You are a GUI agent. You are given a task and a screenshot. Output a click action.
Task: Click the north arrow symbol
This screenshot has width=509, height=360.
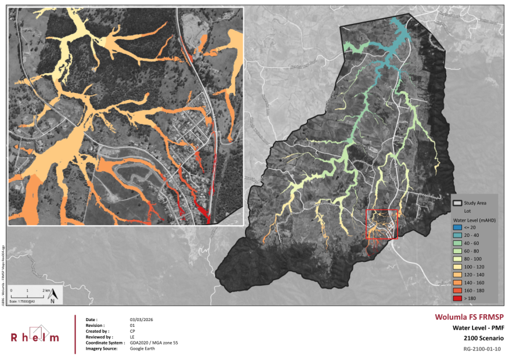(x=52, y=296)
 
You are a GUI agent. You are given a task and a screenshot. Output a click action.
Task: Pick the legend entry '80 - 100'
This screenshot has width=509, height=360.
(x=471, y=259)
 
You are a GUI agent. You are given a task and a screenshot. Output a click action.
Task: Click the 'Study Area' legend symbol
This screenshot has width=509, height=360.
(x=457, y=203)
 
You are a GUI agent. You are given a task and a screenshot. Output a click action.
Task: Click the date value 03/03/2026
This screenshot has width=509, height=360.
(x=141, y=320)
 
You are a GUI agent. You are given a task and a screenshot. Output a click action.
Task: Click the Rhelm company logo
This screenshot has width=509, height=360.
(x=35, y=334)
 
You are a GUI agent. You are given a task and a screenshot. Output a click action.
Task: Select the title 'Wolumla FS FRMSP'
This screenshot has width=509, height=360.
(x=469, y=317)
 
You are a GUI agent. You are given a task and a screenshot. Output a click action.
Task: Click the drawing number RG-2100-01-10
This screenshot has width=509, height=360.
(x=482, y=349)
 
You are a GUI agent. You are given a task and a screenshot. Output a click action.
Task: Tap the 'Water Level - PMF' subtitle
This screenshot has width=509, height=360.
(x=476, y=327)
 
